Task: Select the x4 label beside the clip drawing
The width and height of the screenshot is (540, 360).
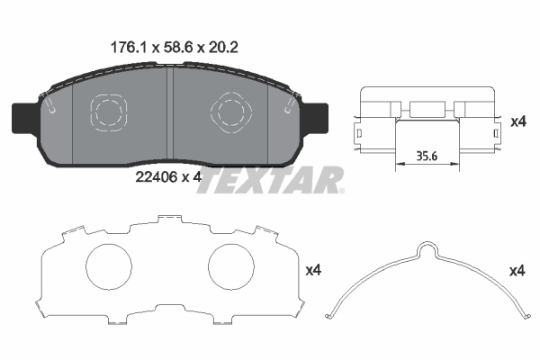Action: (517, 121)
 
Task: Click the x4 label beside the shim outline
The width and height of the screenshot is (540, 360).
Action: (313, 269)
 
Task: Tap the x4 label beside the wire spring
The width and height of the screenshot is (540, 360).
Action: (517, 270)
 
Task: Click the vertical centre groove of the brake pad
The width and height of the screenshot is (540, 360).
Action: (170, 117)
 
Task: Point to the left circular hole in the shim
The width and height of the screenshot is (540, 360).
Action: (109, 268)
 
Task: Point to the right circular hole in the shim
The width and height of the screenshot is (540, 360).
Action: (232, 268)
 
